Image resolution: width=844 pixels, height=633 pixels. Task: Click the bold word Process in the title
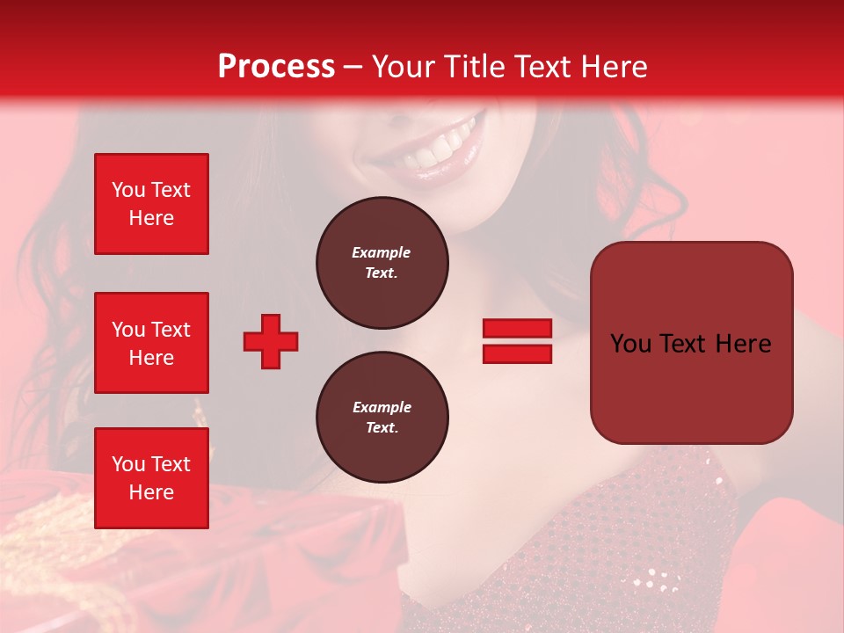click(276, 67)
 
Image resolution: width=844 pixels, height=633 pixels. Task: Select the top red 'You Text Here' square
click(151, 204)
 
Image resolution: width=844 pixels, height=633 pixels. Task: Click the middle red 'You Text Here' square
click(151, 343)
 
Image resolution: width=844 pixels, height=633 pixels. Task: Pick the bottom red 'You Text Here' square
click(151, 478)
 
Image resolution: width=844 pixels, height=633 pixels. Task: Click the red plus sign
click(271, 341)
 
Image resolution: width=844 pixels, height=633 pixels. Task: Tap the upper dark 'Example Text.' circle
click(382, 263)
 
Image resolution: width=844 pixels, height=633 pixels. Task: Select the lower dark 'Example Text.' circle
click(382, 418)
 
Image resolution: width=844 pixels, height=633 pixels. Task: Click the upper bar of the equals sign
click(517, 329)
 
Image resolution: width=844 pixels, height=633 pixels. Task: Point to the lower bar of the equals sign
click(517, 353)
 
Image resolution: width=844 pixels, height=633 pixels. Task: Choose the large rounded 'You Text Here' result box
click(691, 343)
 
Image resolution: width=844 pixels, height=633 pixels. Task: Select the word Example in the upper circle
click(382, 252)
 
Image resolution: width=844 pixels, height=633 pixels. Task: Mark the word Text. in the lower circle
click(382, 428)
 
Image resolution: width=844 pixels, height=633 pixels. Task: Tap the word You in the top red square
click(128, 190)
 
